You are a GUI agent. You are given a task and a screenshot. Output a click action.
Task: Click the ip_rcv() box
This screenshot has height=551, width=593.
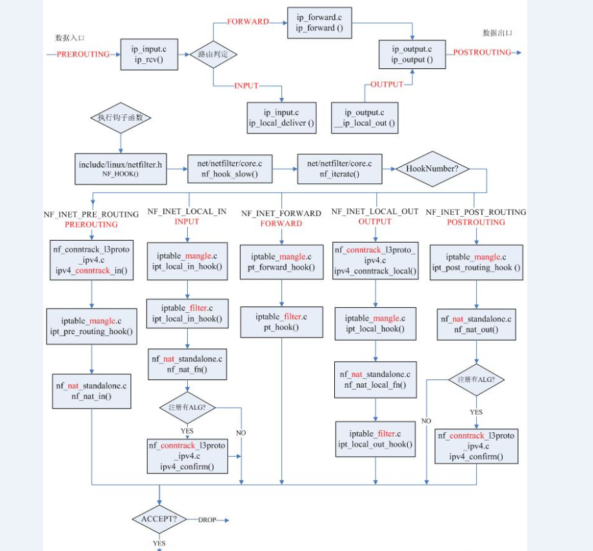pyautogui.click(x=148, y=55)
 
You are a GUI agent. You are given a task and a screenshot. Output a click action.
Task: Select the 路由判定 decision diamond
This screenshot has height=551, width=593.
pyautogui.click(x=213, y=55)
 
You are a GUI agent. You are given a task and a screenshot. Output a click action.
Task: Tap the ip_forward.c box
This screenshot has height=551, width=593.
pyautogui.click(x=315, y=23)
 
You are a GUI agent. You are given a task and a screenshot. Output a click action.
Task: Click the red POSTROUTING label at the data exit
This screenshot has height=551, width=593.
pyautogui.click(x=482, y=52)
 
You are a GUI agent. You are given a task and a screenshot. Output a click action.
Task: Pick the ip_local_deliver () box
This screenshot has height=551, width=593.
pyautogui.click(x=282, y=117)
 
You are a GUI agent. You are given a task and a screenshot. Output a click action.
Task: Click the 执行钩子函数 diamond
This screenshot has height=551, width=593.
pyautogui.click(x=121, y=117)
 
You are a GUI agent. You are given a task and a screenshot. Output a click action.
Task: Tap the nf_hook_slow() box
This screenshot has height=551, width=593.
pyautogui.click(x=230, y=169)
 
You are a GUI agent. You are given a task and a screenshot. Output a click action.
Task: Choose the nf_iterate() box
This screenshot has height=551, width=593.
pyautogui.click(x=339, y=169)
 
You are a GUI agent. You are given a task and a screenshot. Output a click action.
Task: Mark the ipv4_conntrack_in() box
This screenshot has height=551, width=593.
pyautogui.click(x=93, y=261)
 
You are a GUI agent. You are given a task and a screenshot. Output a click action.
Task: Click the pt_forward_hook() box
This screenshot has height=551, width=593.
pyautogui.click(x=281, y=262)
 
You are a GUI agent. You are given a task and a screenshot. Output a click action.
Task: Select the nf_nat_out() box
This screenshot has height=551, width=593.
pyautogui.click(x=476, y=324)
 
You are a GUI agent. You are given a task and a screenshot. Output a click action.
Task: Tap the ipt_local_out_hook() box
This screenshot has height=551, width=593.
pyautogui.click(x=375, y=439)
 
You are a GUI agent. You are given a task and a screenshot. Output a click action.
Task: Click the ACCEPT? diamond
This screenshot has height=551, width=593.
pyautogui.click(x=159, y=519)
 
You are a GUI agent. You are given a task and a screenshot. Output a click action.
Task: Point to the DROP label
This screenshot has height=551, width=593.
pyautogui.click(x=207, y=519)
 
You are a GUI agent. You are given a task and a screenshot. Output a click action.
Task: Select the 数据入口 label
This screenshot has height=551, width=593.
pyautogui.click(x=70, y=38)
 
